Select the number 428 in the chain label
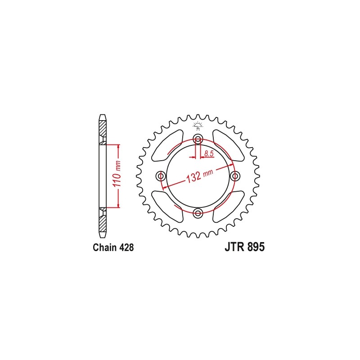point(126,247)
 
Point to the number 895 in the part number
point(255,247)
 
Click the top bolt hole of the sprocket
point(198,139)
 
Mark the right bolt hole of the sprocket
point(235,175)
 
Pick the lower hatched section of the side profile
point(103,221)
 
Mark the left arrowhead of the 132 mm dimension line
point(164,186)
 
